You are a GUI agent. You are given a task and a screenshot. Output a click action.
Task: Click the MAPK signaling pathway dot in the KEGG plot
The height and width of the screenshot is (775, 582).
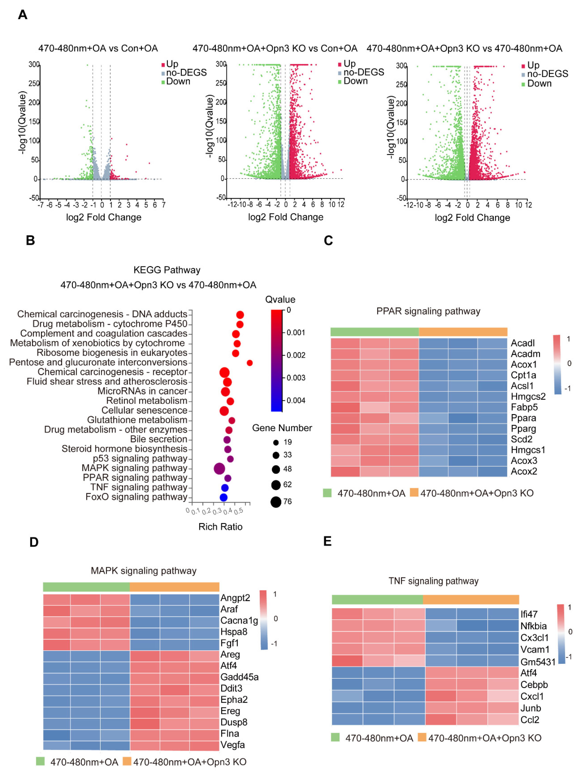click(219, 468)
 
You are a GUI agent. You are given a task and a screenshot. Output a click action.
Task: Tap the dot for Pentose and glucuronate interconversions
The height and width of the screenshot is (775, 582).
click(250, 363)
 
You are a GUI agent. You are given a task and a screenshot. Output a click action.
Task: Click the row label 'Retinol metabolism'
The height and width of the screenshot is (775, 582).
click(147, 400)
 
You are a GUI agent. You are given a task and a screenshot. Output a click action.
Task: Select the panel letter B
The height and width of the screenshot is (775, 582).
click(31, 240)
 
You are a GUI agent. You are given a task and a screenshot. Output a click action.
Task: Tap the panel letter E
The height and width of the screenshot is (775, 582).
click(327, 541)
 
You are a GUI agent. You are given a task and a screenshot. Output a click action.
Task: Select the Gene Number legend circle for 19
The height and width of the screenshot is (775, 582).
click(276, 442)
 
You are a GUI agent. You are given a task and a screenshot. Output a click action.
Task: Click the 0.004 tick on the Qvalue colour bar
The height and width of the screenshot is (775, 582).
click(296, 400)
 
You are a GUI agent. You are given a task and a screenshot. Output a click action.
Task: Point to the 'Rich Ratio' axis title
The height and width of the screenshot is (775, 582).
click(220, 527)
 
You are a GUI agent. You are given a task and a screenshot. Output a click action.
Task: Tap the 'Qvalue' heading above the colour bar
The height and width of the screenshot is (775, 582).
click(280, 299)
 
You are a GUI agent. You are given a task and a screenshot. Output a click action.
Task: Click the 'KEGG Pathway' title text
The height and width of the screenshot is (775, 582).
click(167, 270)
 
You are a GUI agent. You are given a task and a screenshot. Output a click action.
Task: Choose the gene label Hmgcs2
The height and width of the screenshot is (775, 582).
click(528, 396)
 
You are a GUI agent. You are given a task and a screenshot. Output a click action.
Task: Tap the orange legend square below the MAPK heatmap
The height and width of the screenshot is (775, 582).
click(127, 761)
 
